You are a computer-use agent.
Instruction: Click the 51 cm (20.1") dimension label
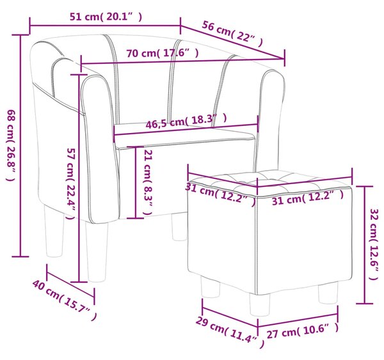tap(106, 17)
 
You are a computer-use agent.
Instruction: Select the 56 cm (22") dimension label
tap(232, 34)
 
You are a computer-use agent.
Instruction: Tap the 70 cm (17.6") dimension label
tap(163, 53)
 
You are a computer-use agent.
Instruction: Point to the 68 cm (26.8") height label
tap(11, 145)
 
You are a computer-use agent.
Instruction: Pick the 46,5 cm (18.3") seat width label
tap(186, 121)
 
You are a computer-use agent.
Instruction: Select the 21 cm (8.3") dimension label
tap(148, 182)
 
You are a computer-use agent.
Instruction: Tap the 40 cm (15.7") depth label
tap(65, 301)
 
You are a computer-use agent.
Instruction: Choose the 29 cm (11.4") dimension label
tap(230, 333)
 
